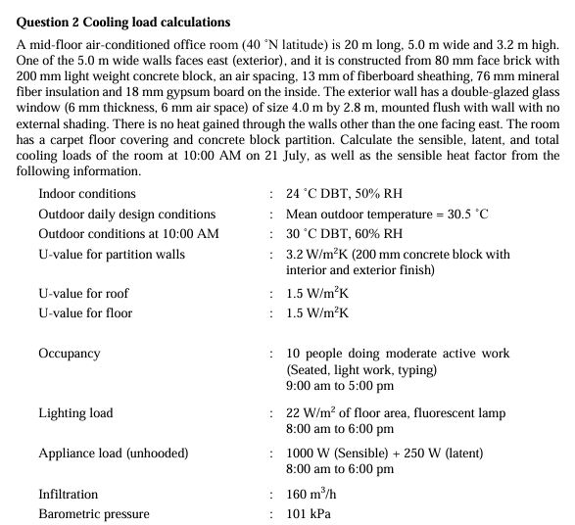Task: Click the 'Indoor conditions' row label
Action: point(87,194)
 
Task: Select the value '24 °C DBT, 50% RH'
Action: point(343,194)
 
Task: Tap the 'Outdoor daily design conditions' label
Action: point(126,215)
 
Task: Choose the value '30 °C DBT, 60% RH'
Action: point(343,234)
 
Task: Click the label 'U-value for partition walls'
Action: point(111,255)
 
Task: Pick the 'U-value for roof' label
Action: point(83,294)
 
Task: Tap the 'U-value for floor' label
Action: point(85,313)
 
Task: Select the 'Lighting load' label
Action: point(75,413)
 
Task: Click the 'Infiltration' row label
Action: point(69,495)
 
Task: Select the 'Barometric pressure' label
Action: point(94,514)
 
